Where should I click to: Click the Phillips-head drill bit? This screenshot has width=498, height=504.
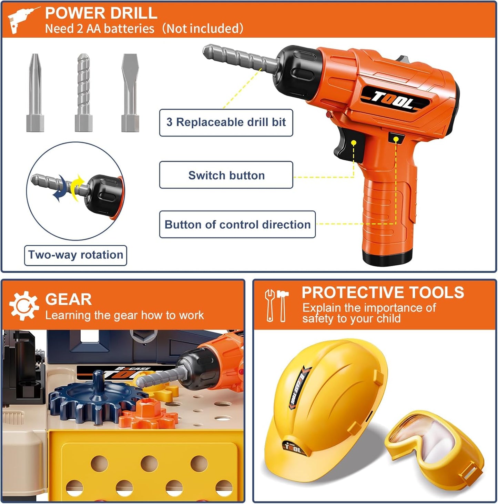[35, 93]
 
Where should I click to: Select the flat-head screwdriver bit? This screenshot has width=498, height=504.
[130, 93]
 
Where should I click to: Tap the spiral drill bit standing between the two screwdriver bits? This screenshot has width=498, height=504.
[84, 93]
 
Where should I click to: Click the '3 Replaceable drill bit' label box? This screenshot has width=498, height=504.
[226, 123]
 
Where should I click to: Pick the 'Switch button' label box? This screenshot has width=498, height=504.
[226, 175]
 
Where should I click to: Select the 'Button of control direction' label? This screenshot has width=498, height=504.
[237, 225]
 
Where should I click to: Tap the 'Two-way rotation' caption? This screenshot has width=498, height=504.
[75, 255]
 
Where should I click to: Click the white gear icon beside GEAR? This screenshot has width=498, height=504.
[24, 306]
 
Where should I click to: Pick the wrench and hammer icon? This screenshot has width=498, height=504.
[277, 306]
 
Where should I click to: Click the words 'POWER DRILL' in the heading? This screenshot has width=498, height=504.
[101, 13]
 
